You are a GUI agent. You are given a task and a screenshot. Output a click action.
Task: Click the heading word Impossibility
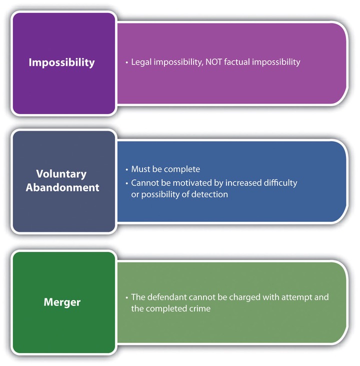62,63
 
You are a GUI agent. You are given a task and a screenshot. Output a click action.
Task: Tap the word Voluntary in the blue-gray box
61,174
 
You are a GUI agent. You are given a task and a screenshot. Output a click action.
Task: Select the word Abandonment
62,187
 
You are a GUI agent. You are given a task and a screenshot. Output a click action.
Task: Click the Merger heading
62,302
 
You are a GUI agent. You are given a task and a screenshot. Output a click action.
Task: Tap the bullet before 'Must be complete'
127,170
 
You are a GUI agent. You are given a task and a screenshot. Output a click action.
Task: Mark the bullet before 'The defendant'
127,298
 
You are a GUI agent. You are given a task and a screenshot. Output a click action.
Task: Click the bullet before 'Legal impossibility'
127,63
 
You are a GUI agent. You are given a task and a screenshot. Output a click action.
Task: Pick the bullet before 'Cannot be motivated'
127,183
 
